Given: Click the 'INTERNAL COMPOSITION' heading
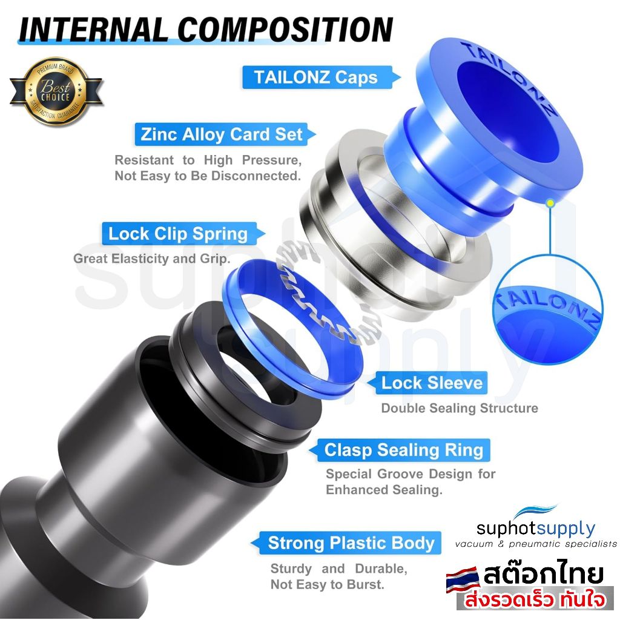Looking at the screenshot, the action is click(x=206, y=30).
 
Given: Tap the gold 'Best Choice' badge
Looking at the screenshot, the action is click(x=56, y=92).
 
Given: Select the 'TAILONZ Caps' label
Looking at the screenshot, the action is click(x=315, y=77).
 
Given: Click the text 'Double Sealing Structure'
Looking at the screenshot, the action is click(x=460, y=408).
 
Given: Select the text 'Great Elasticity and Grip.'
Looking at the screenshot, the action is click(x=152, y=259).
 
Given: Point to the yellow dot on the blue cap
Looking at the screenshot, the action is click(x=550, y=203).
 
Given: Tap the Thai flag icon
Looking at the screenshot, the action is click(x=463, y=580).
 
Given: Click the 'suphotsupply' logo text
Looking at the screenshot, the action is click(x=536, y=528).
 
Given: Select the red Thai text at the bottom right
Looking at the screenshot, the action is click(x=535, y=599).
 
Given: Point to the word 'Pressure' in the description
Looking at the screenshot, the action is click(x=272, y=160).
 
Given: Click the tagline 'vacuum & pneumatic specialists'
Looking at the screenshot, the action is click(x=536, y=544).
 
